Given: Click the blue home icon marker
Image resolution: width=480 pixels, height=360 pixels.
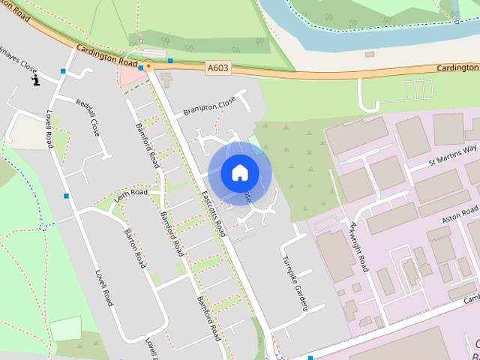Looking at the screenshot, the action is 239,172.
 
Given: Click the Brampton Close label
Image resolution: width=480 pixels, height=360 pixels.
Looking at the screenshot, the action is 209,106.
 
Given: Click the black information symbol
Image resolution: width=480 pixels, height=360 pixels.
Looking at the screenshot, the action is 35,79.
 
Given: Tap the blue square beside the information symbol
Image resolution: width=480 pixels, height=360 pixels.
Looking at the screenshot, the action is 63,71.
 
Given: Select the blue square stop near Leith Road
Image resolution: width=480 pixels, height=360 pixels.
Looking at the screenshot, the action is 67,196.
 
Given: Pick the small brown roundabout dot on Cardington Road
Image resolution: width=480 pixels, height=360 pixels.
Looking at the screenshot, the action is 148,67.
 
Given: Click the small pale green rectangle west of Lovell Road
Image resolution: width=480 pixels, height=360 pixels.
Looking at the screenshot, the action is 65,328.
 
